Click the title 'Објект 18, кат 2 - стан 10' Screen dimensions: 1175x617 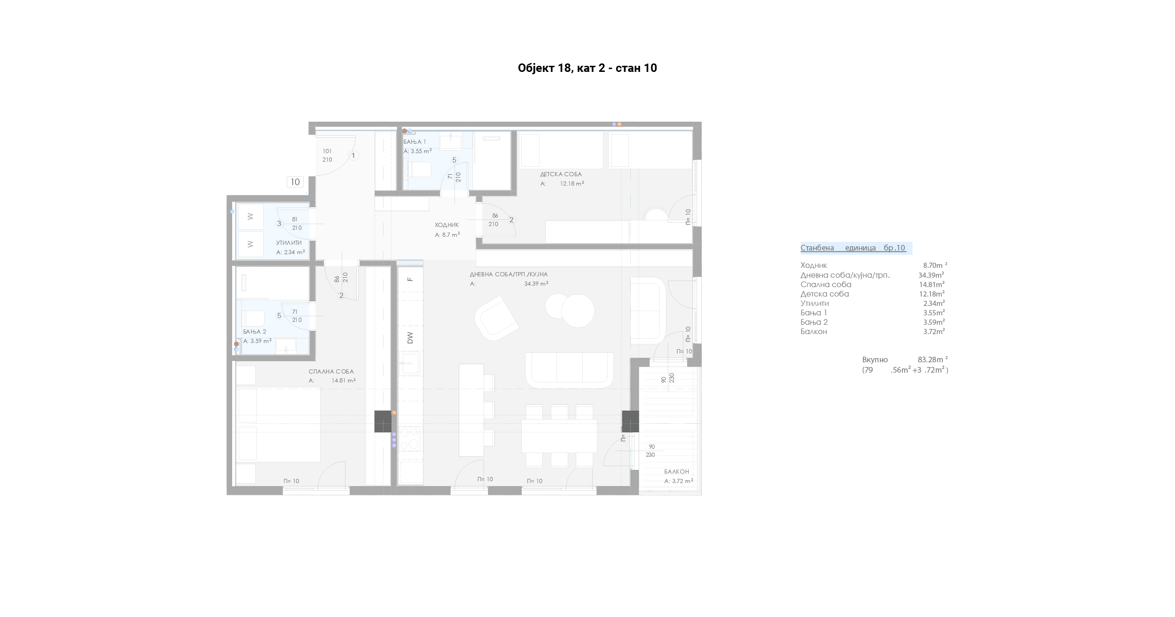(x=587, y=68)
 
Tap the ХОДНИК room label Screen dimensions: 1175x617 (x=446, y=225)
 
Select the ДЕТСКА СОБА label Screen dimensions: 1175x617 (x=561, y=174)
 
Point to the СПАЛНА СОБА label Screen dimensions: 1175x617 (x=331, y=372)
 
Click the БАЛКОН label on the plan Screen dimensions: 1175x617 (x=676, y=472)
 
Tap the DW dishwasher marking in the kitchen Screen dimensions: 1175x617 (x=410, y=337)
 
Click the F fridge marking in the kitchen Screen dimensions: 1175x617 (x=410, y=279)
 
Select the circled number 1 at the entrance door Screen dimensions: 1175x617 (x=354, y=156)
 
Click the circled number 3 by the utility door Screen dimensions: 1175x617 (x=279, y=224)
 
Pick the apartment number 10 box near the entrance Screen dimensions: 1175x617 (x=295, y=182)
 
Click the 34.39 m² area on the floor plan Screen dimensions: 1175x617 (x=536, y=284)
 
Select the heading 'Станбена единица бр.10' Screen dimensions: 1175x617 (x=853, y=248)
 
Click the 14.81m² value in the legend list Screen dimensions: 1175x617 (x=932, y=284)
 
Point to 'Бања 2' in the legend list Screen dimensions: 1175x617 (x=814, y=322)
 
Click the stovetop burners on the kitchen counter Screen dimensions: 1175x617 (x=410, y=438)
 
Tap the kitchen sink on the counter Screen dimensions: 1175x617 (x=410, y=364)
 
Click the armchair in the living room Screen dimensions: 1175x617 (x=496, y=318)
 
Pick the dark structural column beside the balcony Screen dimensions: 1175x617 (x=630, y=421)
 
